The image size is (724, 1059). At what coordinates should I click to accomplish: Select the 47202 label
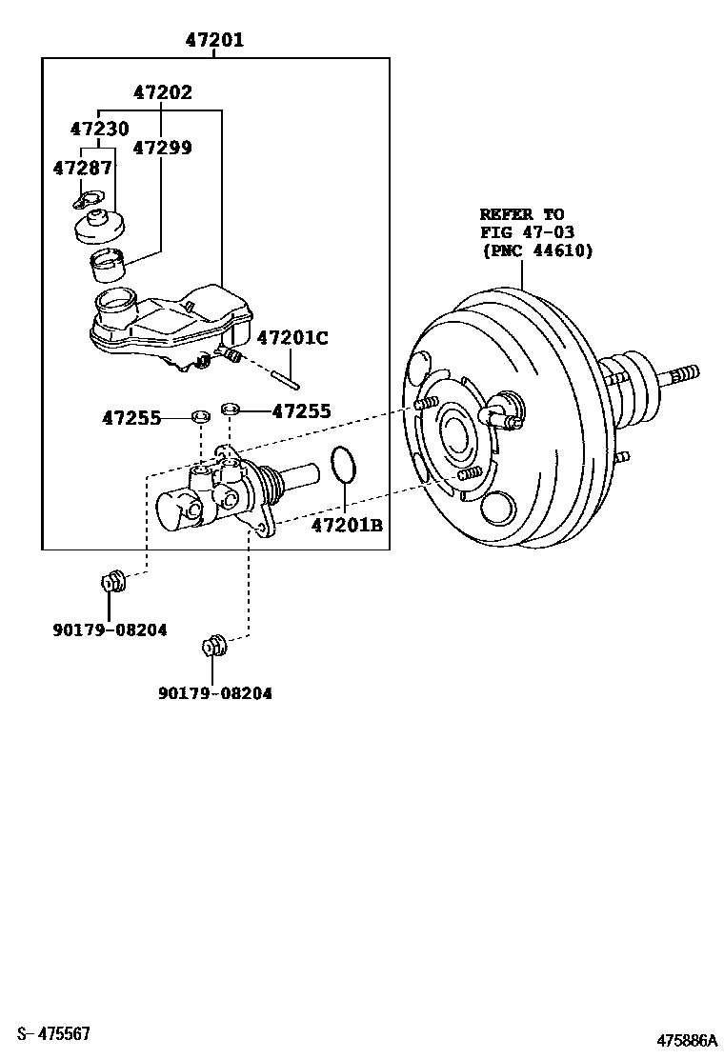pyautogui.click(x=162, y=92)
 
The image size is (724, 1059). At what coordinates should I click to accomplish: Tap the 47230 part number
pyautogui.click(x=99, y=129)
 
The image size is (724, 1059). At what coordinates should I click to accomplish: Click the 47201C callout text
pyautogui.click(x=292, y=337)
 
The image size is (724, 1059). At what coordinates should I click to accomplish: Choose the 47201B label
pyautogui.click(x=346, y=523)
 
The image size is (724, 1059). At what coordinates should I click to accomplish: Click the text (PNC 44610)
pyautogui.click(x=536, y=250)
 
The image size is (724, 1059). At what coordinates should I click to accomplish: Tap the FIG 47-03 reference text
pyautogui.click(x=527, y=232)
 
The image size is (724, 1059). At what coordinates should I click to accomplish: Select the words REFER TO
pyautogui.click(x=521, y=214)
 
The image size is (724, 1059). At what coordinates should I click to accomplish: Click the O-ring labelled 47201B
pyautogui.click(x=344, y=465)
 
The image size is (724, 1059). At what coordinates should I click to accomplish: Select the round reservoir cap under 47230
pyautogui.click(x=101, y=227)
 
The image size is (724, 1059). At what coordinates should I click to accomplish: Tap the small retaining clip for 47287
pyautogui.click(x=90, y=199)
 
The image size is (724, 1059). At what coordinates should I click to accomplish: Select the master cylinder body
pyautogui.click(x=214, y=494)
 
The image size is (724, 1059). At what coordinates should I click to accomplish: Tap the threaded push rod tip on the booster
pyautogui.click(x=682, y=373)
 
